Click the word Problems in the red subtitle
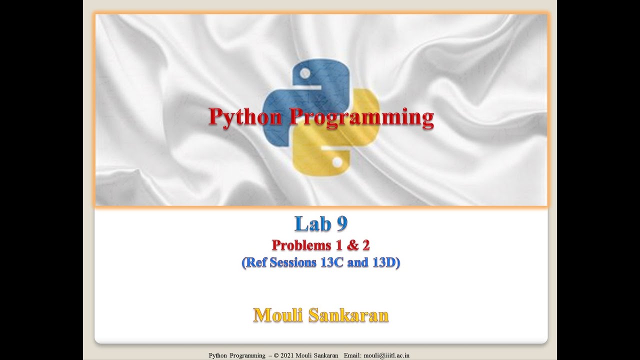[301, 245]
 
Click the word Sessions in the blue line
[292, 262]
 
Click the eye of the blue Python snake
[302, 73]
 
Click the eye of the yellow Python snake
[337, 162]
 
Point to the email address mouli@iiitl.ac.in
[386, 355]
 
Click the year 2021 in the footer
[287, 355]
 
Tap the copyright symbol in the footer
[275, 355]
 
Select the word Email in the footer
[353, 355]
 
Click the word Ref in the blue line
[255, 262]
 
